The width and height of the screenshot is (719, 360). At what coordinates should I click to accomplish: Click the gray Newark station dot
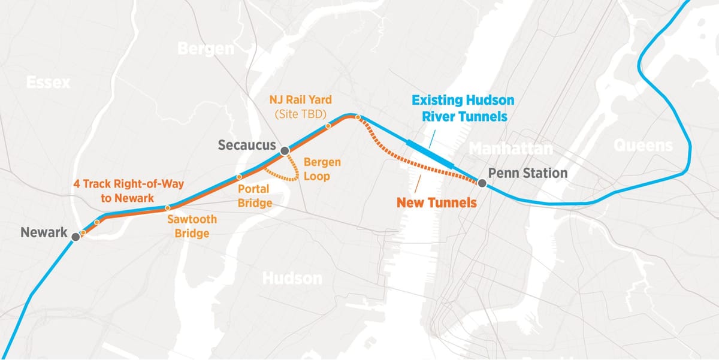pyautogui.click(x=75, y=237)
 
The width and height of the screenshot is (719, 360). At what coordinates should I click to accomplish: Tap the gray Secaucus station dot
pyautogui.click(x=285, y=151)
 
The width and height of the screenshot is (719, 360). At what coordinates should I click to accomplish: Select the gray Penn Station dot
pyautogui.click(x=482, y=181)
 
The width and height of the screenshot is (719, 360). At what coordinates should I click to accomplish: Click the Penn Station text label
pyautogui.click(x=528, y=173)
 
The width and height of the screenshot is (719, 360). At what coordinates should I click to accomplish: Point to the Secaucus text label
pyautogui.click(x=246, y=145)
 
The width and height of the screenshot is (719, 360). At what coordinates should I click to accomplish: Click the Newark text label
pyautogui.click(x=44, y=232)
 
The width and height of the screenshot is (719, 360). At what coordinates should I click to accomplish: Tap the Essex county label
pyautogui.click(x=48, y=82)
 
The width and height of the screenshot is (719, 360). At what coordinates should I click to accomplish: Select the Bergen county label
pyautogui.click(x=206, y=49)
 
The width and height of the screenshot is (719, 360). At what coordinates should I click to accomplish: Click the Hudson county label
pyautogui.click(x=292, y=278)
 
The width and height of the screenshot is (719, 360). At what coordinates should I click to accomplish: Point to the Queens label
pyautogui.click(x=643, y=145)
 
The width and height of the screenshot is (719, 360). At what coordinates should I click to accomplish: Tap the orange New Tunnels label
pyautogui.click(x=437, y=202)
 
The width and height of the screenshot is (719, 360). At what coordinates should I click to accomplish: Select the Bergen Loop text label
pyautogui.click(x=322, y=169)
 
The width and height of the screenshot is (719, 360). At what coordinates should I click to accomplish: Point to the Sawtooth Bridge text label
pyautogui.click(x=192, y=226)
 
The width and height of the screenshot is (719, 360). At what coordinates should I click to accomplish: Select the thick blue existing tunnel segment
pyautogui.click(x=430, y=153)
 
